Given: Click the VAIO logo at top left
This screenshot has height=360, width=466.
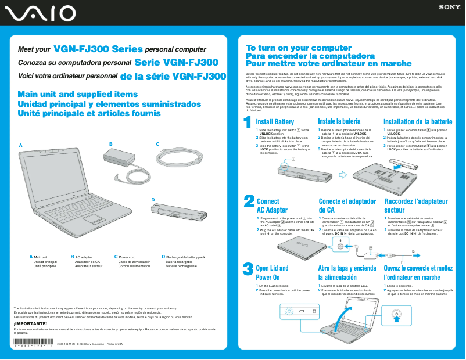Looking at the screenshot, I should [x=38, y=12].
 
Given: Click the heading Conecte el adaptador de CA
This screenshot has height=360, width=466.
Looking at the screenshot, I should [x=347, y=206].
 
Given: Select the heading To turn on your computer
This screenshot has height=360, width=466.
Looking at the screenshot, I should [x=291, y=48].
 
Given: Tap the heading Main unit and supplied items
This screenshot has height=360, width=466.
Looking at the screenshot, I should [x=78, y=95].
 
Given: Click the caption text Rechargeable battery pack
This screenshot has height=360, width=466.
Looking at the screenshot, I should [x=185, y=257].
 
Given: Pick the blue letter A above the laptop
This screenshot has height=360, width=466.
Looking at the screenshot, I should [x=20, y=144].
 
